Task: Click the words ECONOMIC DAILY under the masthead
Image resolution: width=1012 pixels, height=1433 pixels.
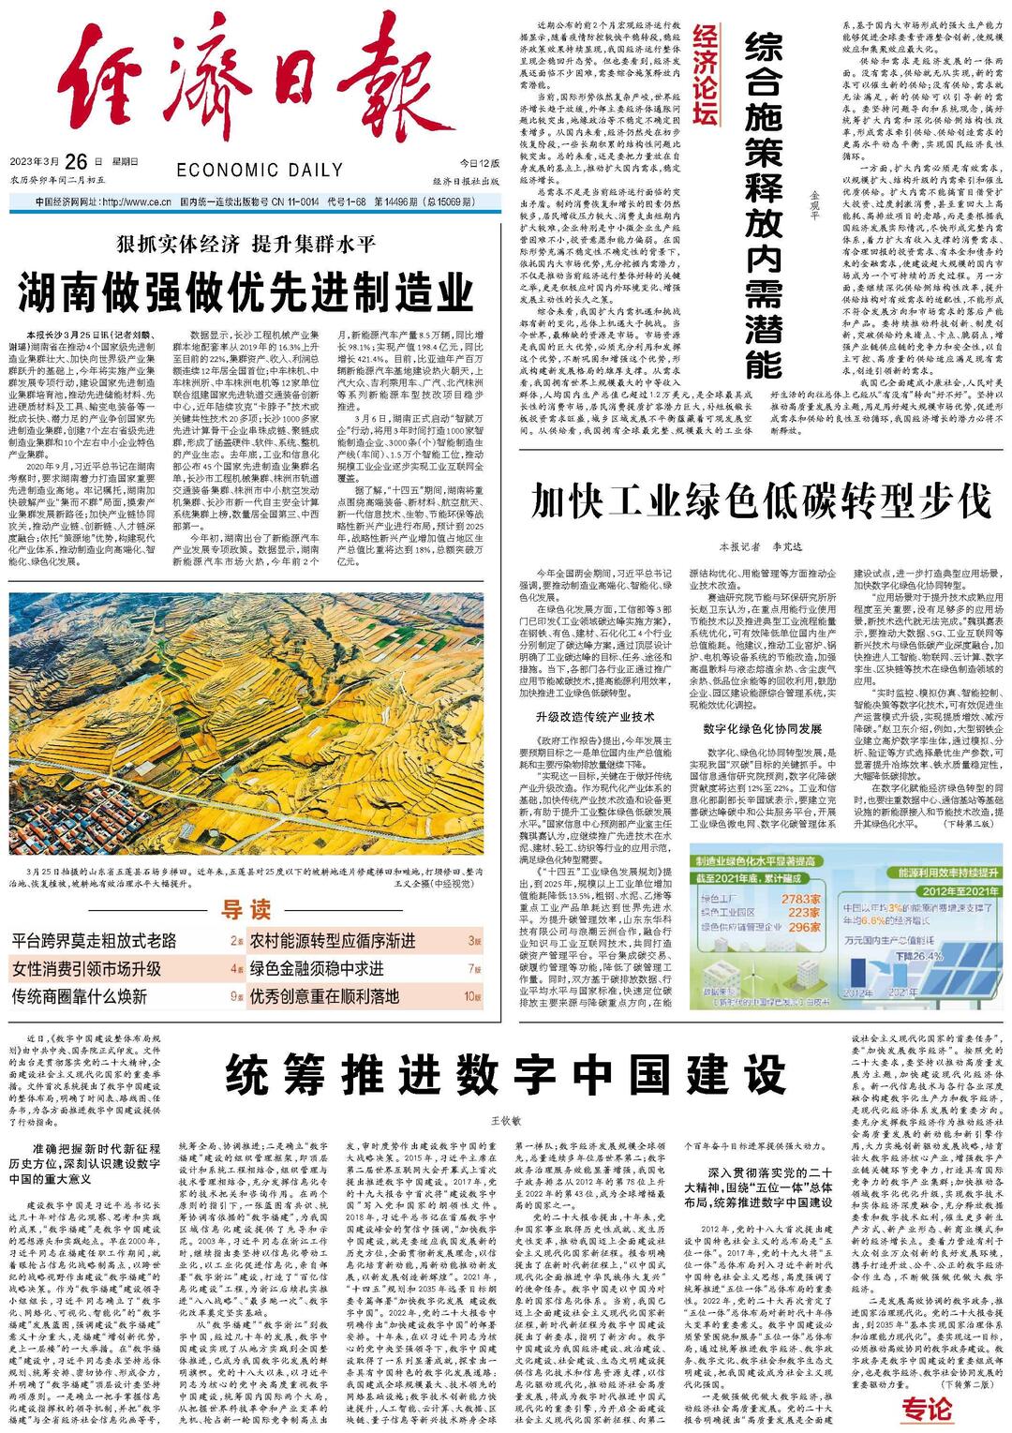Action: [x=260, y=170]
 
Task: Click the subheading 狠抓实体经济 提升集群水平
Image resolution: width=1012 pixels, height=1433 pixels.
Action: [x=246, y=245]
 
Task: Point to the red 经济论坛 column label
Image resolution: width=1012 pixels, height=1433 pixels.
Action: [x=706, y=76]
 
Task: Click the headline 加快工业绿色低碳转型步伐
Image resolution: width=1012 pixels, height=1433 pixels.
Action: [x=760, y=501]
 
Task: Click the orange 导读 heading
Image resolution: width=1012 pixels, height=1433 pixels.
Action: [x=246, y=909]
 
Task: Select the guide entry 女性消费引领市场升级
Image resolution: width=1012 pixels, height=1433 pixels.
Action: [x=86, y=968]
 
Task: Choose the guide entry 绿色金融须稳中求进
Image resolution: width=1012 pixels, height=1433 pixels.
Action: [x=316, y=968]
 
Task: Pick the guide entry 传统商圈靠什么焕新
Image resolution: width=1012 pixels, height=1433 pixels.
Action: [x=80, y=995]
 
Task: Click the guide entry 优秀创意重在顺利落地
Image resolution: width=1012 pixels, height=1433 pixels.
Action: [x=323, y=995]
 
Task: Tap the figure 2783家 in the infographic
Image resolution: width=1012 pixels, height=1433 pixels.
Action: [x=805, y=899]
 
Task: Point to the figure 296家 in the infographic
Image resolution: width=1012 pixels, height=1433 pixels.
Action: [x=805, y=927]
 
